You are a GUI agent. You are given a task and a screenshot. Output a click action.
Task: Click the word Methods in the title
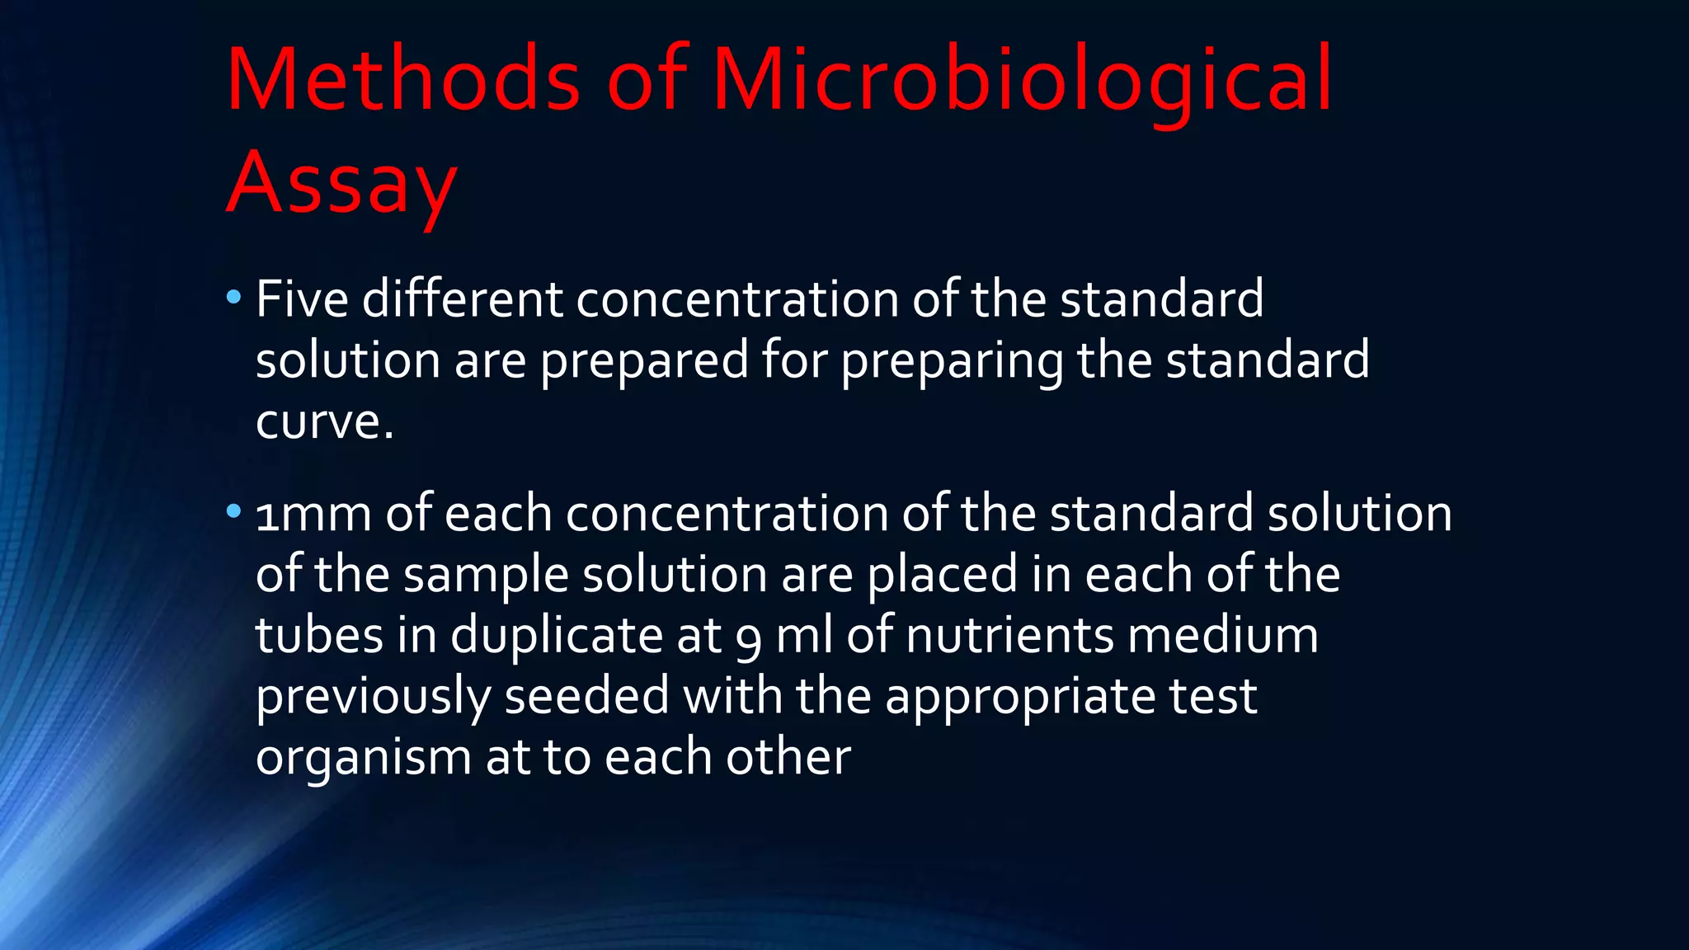403,81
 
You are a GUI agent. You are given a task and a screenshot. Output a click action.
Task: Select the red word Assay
341,183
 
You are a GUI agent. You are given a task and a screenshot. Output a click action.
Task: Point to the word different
462,299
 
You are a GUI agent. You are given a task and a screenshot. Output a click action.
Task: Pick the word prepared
644,361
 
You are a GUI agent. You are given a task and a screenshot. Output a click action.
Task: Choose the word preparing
952,361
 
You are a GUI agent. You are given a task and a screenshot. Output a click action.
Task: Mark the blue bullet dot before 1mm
233,512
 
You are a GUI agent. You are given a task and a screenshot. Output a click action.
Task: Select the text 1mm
313,514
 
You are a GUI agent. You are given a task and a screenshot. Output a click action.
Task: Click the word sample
486,575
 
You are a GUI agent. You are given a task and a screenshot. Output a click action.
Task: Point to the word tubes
320,636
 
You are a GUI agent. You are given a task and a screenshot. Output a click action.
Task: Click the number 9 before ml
749,639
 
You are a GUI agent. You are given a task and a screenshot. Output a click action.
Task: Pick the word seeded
586,696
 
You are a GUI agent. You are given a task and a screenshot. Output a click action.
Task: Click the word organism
364,758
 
